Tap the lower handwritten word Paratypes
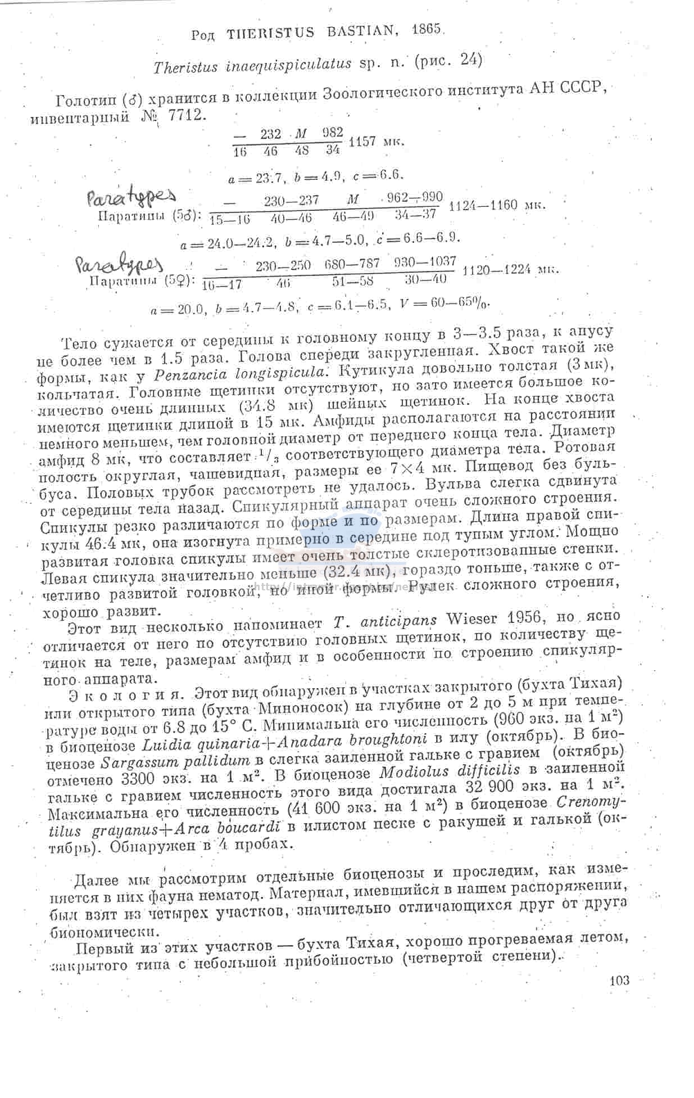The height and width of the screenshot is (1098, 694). (x=119, y=263)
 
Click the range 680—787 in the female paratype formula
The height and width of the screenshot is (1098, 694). (x=352, y=264)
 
